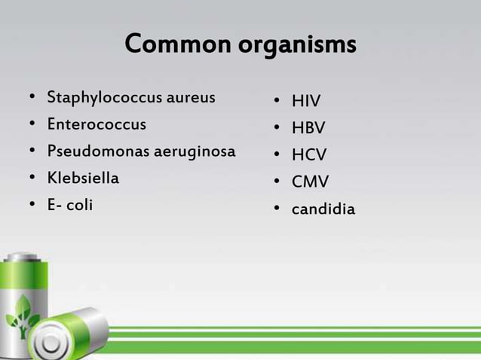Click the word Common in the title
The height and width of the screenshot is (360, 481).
pos(178,44)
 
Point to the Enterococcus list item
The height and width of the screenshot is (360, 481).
pos(97,124)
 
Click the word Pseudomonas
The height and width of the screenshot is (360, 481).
pos(99,151)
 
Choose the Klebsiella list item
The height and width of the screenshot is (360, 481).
pos(83,178)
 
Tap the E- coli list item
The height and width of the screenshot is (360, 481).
pos(70,205)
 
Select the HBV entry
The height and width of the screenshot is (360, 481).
pos(308,129)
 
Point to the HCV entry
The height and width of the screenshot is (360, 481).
pos(309,155)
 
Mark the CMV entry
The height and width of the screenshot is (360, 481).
pos(310,182)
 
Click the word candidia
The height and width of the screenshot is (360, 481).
pos(323,209)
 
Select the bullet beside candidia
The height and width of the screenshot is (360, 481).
pos(277,209)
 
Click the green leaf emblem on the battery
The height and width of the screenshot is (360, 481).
pos(23,315)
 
